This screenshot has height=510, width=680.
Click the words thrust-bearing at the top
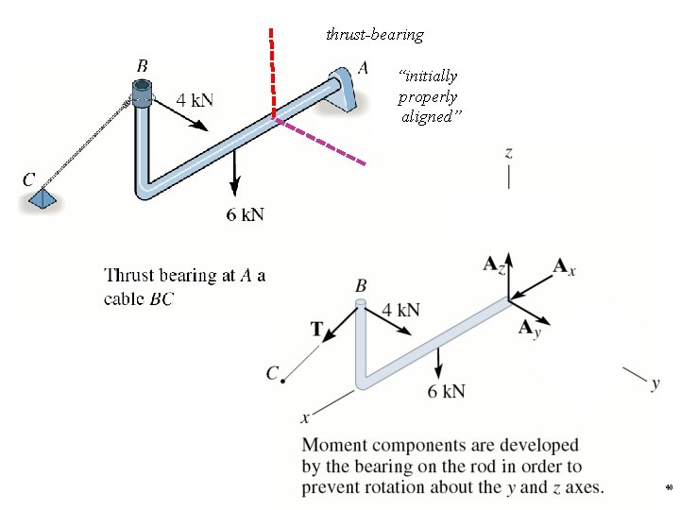(x=374, y=35)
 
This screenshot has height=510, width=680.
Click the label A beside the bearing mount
(x=364, y=68)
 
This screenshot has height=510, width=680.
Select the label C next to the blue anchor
(x=29, y=178)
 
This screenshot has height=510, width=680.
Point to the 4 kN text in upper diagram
(x=195, y=98)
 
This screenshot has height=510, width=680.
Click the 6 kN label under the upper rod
(x=245, y=214)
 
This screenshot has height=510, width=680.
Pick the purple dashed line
(x=321, y=142)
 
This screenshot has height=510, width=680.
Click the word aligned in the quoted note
(x=426, y=117)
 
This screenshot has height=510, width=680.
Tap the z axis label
(x=509, y=151)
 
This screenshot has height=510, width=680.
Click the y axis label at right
(x=654, y=383)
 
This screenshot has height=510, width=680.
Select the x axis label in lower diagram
(x=305, y=417)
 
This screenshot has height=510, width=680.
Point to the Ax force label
(x=564, y=267)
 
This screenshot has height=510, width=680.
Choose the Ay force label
(x=529, y=329)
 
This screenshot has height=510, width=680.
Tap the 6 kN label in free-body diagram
(x=446, y=391)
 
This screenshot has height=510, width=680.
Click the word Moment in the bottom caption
(x=331, y=444)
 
